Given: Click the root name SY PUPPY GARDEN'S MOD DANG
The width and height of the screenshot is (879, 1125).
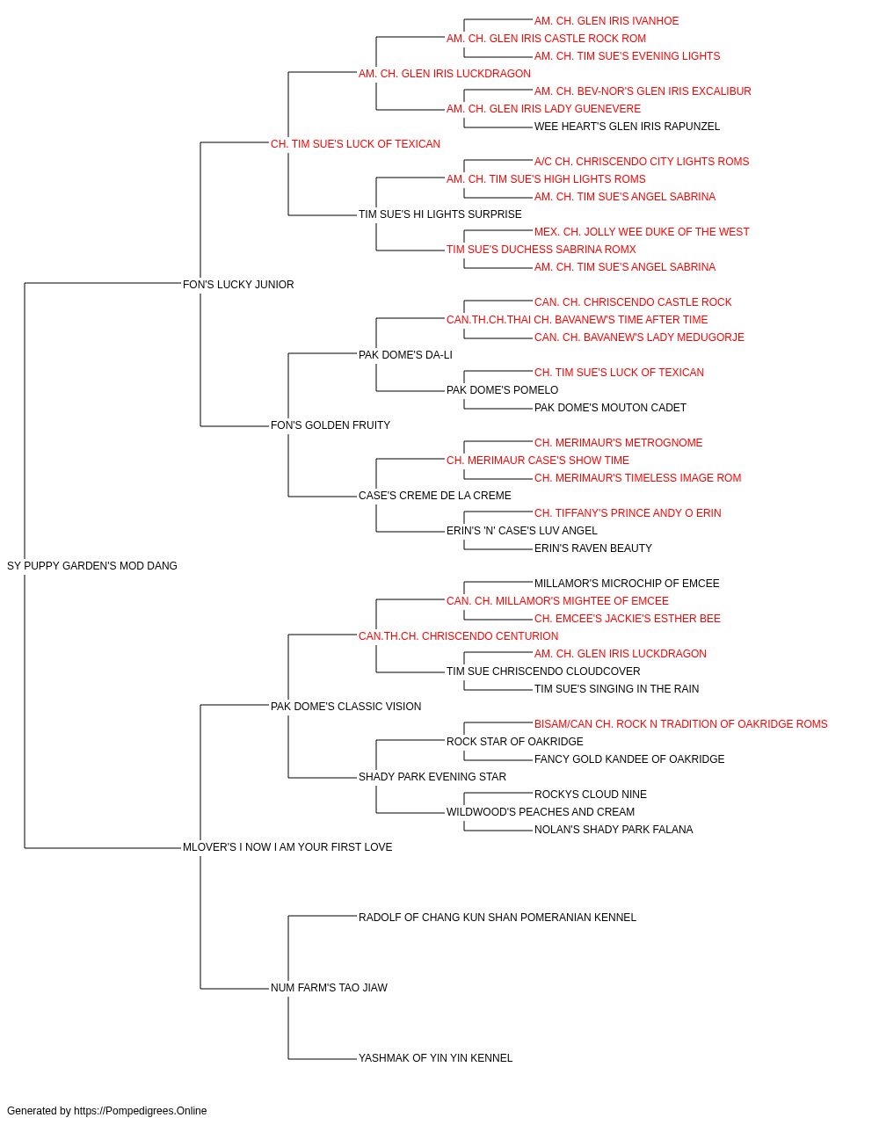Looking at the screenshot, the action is [x=92, y=566].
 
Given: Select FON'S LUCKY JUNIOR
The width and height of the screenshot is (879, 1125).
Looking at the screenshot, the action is [x=238, y=285].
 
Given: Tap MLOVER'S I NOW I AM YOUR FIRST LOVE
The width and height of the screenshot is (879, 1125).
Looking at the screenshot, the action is [x=287, y=847].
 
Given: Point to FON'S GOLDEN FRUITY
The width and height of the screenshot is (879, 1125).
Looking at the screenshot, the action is [x=331, y=425].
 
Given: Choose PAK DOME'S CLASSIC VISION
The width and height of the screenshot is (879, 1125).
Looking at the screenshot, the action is [x=345, y=707].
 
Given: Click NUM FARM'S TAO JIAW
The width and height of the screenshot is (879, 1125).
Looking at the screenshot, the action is [x=329, y=988].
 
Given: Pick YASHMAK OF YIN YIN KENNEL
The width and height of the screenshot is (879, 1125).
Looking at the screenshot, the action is [x=435, y=1058].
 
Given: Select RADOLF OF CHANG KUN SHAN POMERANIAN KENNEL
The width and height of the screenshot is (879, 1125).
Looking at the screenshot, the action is [x=498, y=918].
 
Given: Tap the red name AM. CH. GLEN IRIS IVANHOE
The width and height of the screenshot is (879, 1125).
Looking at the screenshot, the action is [x=607, y=21].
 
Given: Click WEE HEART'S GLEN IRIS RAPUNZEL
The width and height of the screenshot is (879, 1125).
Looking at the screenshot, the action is [x=627, y=127].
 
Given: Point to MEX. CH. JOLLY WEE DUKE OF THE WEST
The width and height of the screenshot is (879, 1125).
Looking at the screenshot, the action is [x=642, y=232].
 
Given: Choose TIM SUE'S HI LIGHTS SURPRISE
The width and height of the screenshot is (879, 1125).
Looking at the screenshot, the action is [x=440, y=214].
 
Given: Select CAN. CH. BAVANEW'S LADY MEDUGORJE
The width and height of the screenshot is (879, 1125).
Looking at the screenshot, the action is [x=639, y=337].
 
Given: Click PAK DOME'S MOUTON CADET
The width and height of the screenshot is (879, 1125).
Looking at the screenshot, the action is [x=610, y=408].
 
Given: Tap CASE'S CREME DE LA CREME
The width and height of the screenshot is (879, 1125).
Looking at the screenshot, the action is [x=435, y=496].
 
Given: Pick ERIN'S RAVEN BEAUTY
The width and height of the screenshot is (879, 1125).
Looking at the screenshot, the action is [x=593, y=548].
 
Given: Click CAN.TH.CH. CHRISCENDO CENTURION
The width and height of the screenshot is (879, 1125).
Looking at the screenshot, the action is [x=459, y=636].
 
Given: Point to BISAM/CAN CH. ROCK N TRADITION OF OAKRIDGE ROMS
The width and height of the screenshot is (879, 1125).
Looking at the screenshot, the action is [x=680, y=724].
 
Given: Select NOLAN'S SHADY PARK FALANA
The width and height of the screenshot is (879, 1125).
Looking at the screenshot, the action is [x=614, y=830].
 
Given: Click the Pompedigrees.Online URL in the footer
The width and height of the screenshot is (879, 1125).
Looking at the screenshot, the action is [x=141, y=1111].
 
